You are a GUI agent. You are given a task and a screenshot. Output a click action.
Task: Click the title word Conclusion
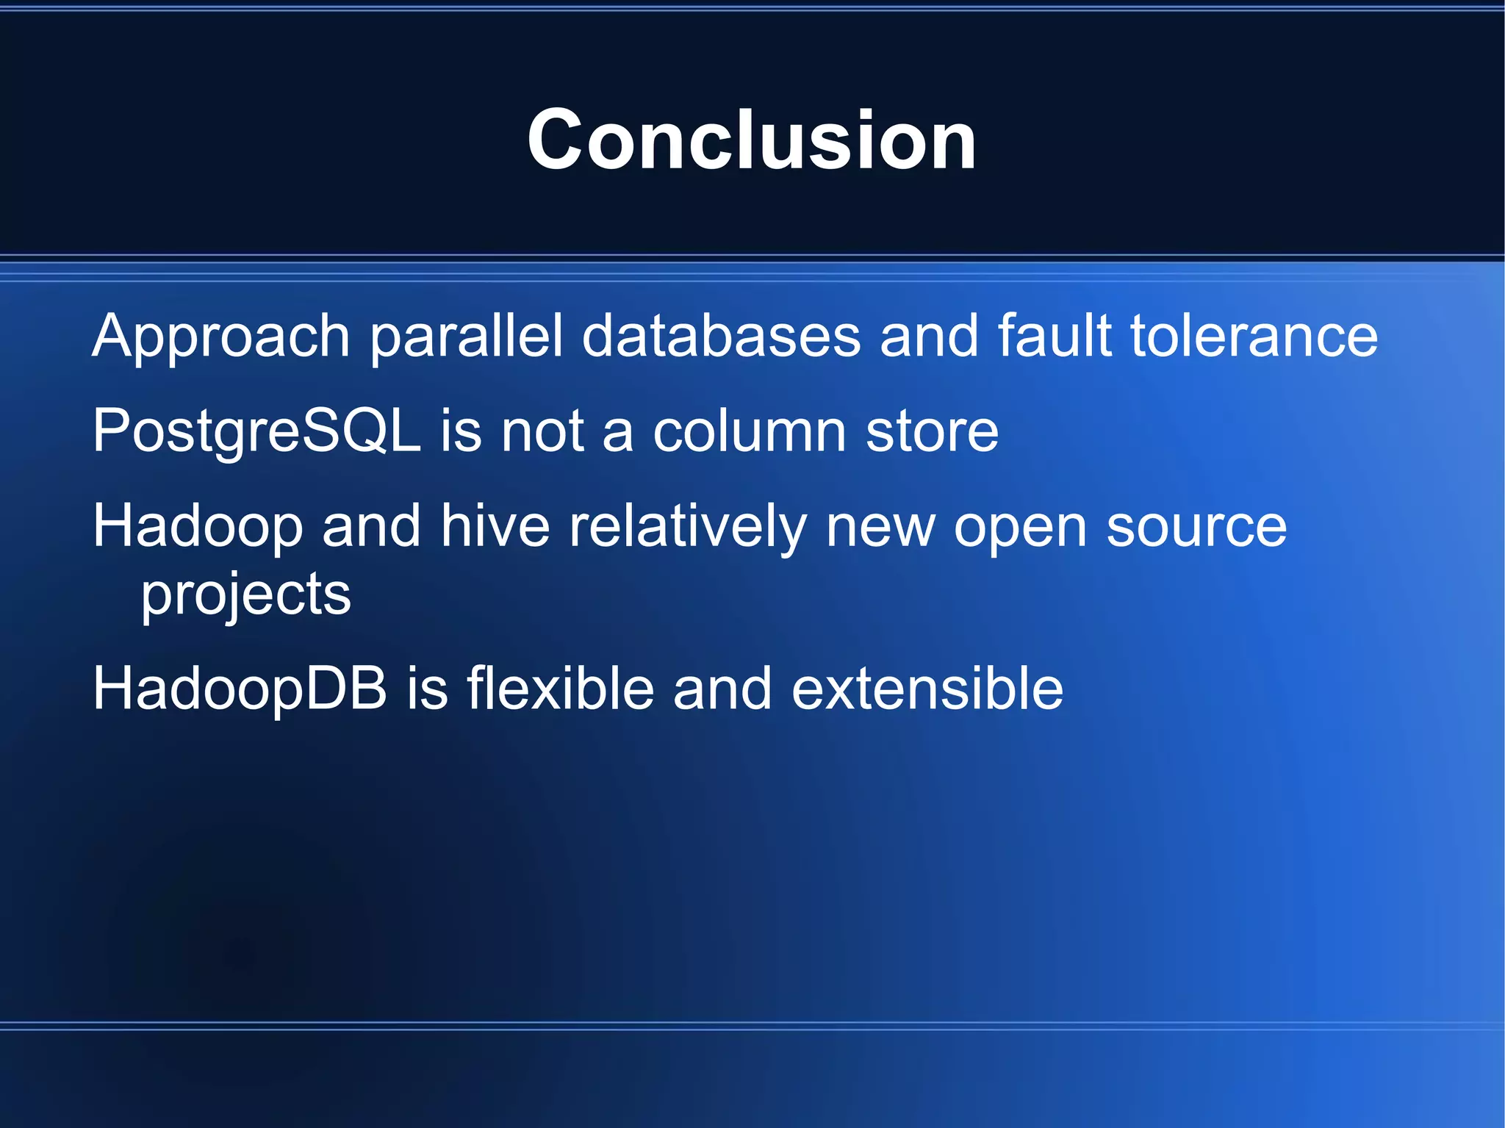[x=752, y=140]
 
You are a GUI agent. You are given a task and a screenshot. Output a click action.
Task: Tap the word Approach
[x=220, y=337]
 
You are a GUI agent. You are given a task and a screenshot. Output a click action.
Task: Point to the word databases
[x=721, y=337]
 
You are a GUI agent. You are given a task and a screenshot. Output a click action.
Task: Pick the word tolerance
[x=1254, y=337]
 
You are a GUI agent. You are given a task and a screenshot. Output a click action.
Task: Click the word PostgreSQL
[x=256, y=432]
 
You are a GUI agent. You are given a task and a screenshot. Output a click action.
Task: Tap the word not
[x=543, y=432]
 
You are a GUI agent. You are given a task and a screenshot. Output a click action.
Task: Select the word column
[x=750, y=431]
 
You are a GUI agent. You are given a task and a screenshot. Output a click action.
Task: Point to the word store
[x=932, y=431]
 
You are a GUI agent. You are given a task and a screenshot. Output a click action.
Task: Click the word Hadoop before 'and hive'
[x=198, y=527]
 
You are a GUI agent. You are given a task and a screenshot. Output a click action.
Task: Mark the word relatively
[x=688, y=528]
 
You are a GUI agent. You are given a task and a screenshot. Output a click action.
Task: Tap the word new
[x=880, y=528]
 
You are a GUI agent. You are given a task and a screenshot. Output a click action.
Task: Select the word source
[x=1196, y=528]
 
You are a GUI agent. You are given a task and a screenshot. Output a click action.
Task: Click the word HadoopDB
[x=240, y=689]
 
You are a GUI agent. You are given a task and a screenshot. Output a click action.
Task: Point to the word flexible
[x=560, y=688]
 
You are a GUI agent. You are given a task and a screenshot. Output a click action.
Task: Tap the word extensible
[x=927, y=689]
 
